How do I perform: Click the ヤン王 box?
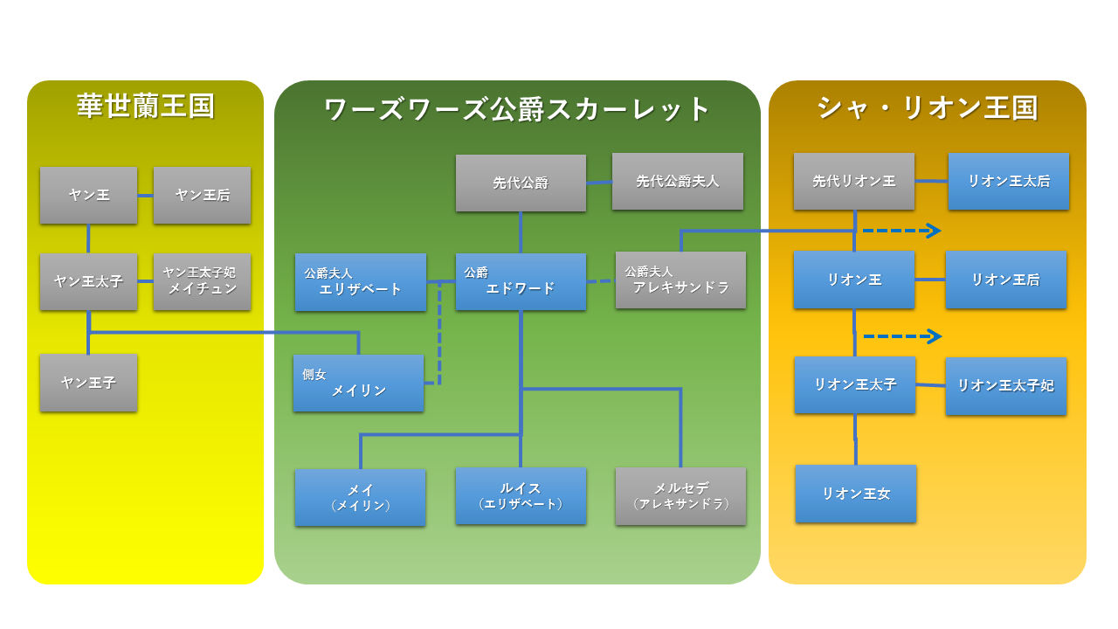click(x=88, y=195)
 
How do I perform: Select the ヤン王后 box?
click(x=202, y=195)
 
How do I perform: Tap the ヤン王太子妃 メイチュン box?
click(x=202, y=281)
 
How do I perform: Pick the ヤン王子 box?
click(x=88, y=383)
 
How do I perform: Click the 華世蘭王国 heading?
click(x=145, y=107)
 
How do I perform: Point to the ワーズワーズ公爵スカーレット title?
click(x=517, y=109)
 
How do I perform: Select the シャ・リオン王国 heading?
click(x=927, y=107)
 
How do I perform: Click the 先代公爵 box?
click(x=521, y=183)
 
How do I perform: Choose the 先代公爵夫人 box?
click(x=677, y=181)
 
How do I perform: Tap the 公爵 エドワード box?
click(x=521, y=281)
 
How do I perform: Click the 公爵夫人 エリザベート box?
click(x=360, y=281)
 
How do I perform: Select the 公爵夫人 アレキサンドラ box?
click(x=680, y=280)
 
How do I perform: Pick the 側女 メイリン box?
click(x=358, y=383)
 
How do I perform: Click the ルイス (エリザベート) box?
click(x=521, y=495)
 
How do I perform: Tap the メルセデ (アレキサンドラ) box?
click(x=680, y=495)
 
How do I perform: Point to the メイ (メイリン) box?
click(x=360, y=497)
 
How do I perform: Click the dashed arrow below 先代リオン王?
click(x=901, y=231)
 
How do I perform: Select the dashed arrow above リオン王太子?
click(x=901, y=336)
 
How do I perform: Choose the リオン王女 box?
click(x=855, y=494)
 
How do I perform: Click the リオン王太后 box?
click(x=1008, y=181)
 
